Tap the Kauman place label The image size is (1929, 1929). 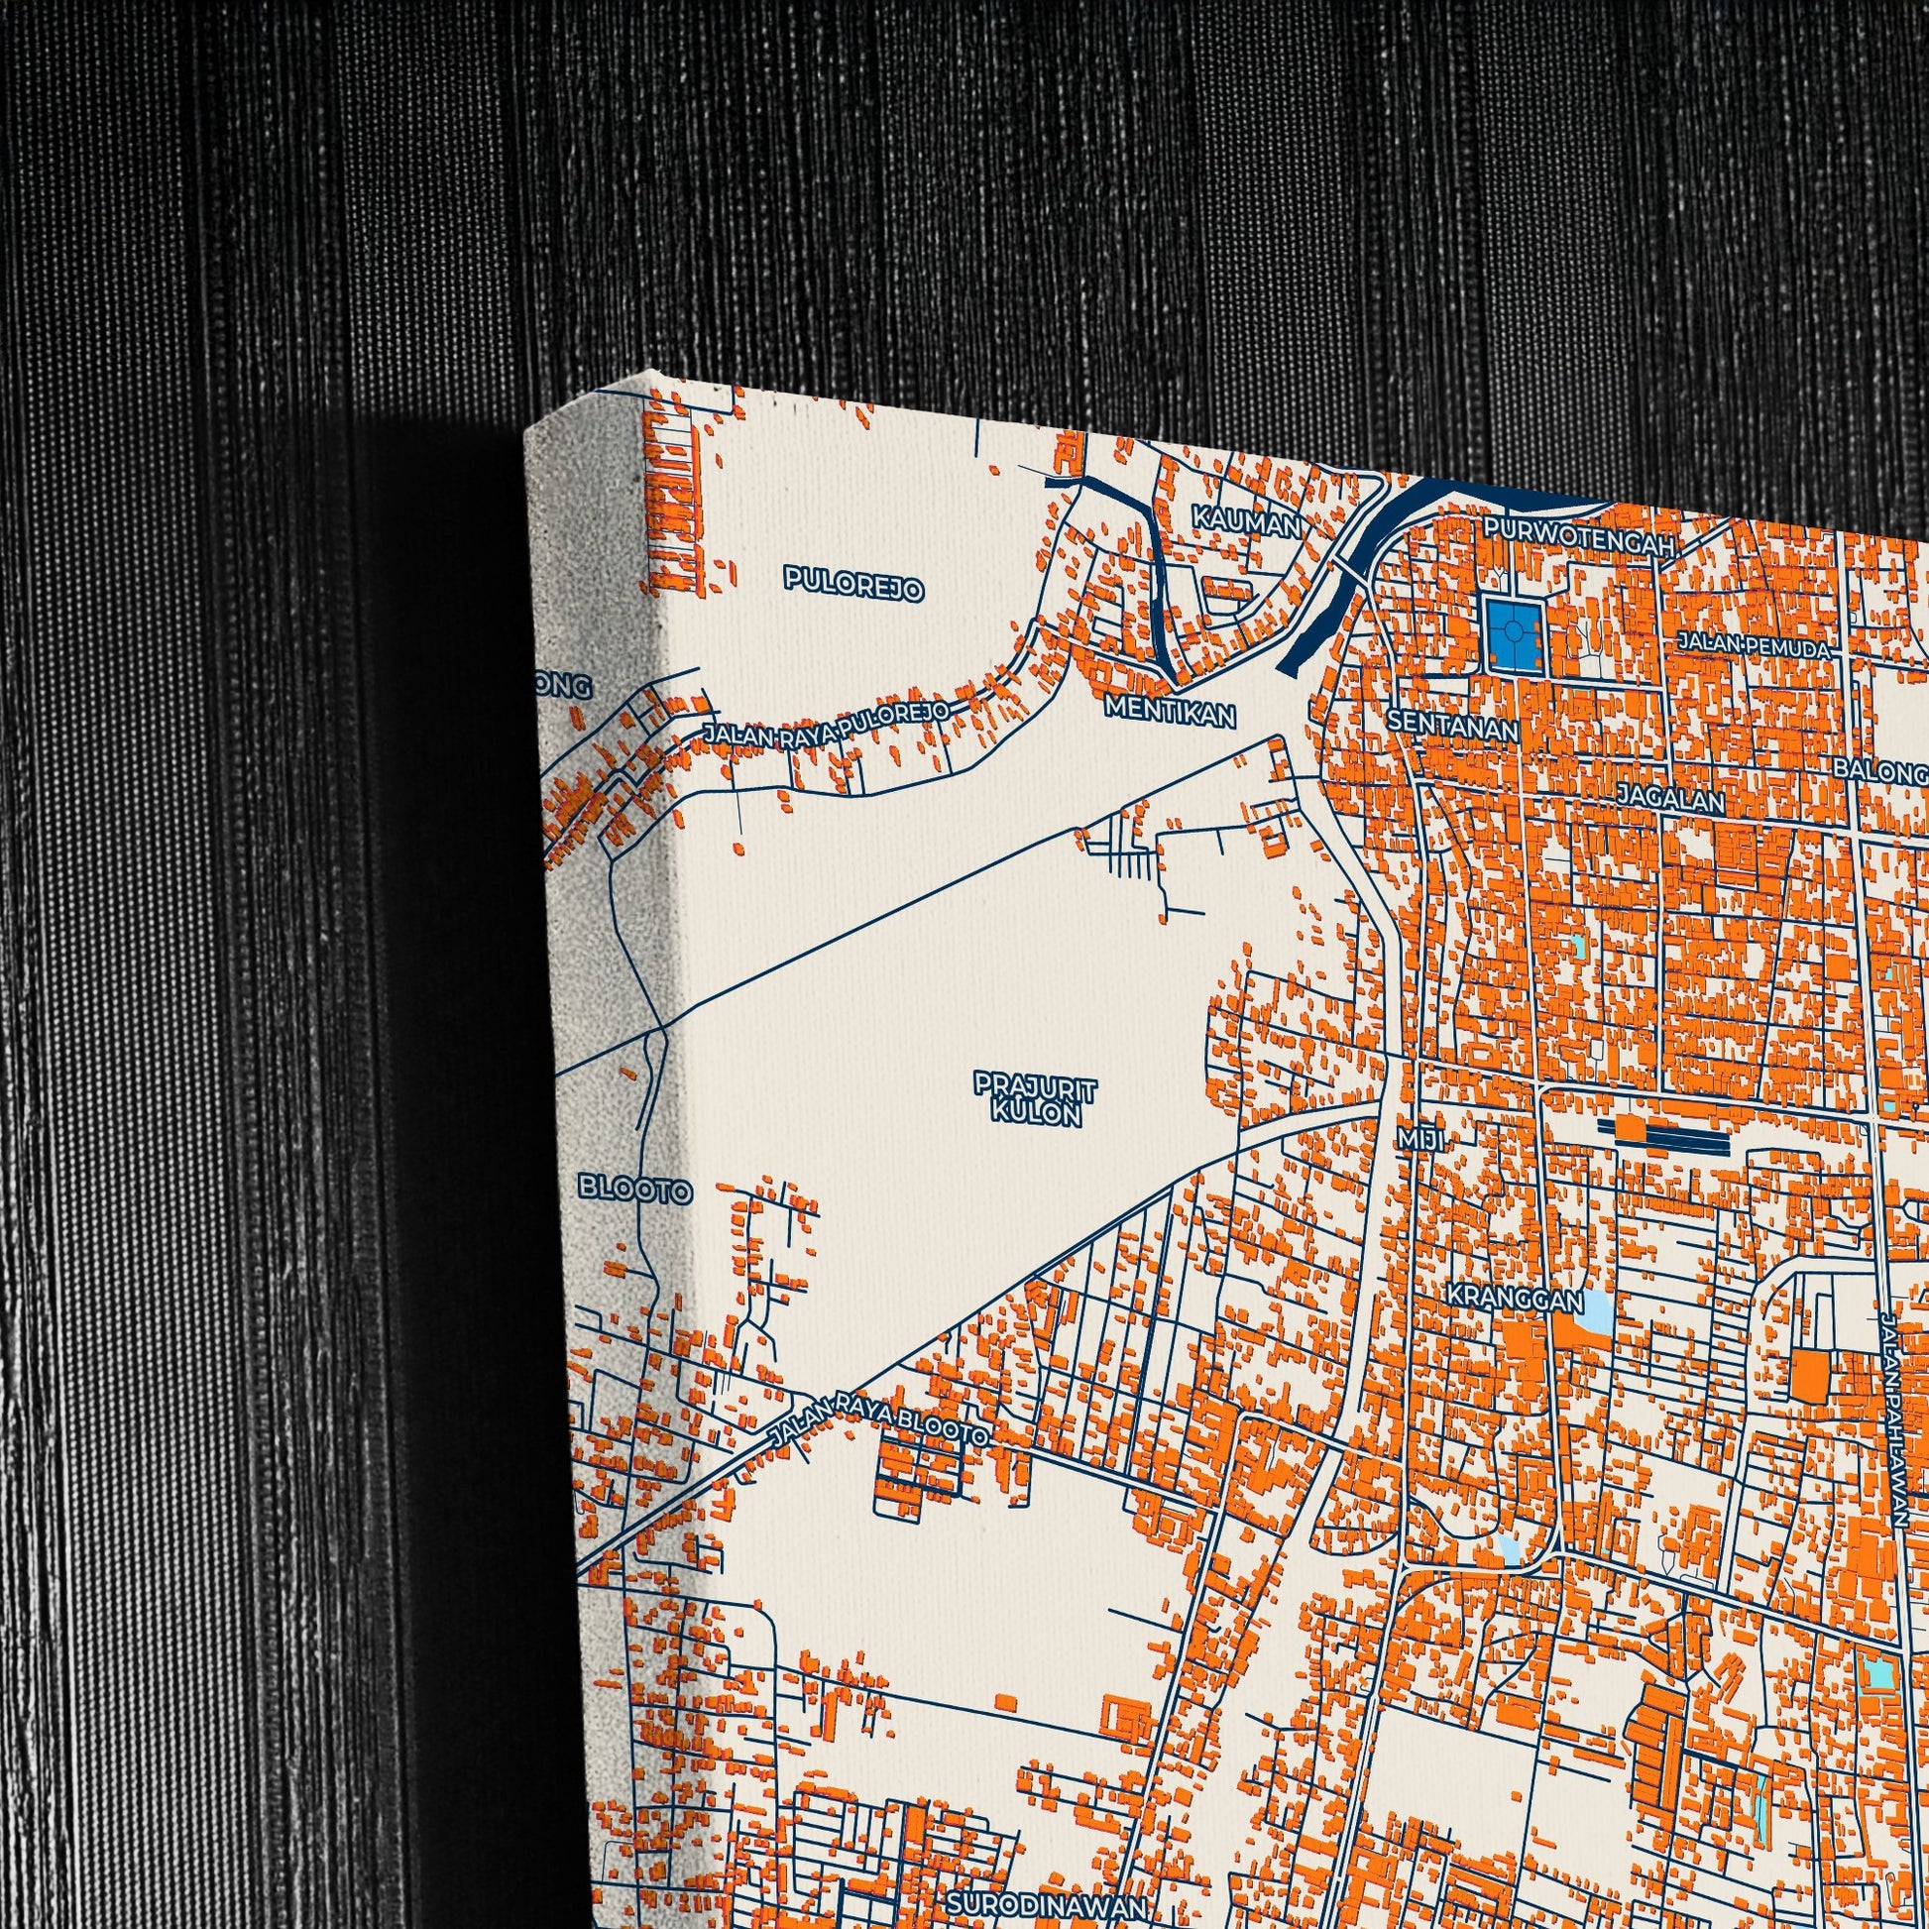(x=1246, y=521)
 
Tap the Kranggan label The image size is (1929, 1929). (x=1516, y=1300)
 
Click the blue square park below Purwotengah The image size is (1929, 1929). (x=1513, y=635)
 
